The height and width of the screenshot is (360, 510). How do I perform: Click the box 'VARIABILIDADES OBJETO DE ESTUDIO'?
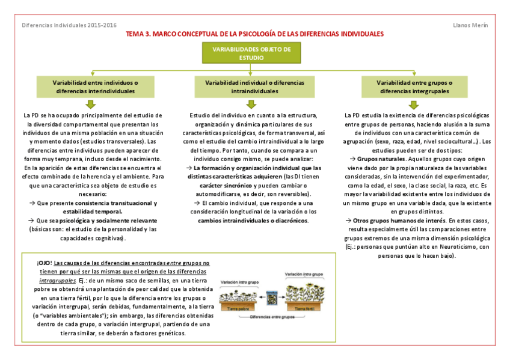(x=256, y=53)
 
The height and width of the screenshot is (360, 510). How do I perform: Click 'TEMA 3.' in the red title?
(x=138, y=35)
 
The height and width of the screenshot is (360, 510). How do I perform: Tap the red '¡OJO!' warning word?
(x=44, y=263)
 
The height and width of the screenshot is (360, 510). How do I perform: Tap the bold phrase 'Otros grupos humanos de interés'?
(x=397, y=221)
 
